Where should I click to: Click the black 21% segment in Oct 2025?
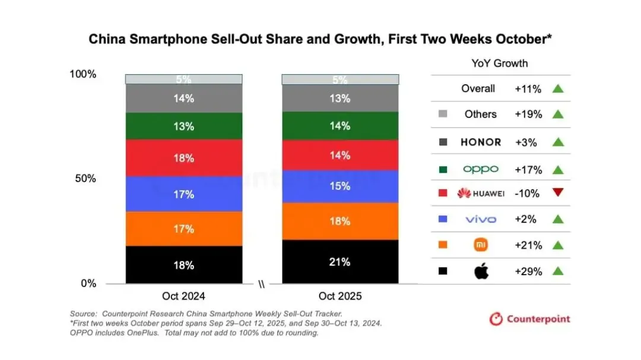[x=339, y=262]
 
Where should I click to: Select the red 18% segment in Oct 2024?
[x=183, y=158]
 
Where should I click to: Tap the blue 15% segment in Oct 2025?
[x=339, y=186]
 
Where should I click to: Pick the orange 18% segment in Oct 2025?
[x=339, y=221]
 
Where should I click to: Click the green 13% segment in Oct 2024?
[x=183, y=126]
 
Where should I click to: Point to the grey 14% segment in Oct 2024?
[x=183, y=98]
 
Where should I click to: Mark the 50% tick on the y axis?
[x=84, y=179]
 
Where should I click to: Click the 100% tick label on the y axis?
[x=82, y=74]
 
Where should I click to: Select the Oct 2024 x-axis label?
[x=183, y=296]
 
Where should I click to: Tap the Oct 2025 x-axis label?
[x=339, y=296]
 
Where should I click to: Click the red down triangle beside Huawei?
[x=557, y=193]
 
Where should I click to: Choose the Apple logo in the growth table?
[x=480, y=272]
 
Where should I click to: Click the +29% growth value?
[x=528, y=271]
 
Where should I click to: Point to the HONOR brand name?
[x=480, y=142]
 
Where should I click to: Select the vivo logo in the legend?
[x=480, y=219]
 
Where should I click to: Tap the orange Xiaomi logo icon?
[x=480, y=245]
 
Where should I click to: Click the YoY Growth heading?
[x=500, y=63]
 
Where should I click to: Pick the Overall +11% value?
[x=528, y=88]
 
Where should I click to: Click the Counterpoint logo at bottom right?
[x=529, y=319]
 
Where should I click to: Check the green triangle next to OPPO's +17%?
[x=557, y=170]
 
